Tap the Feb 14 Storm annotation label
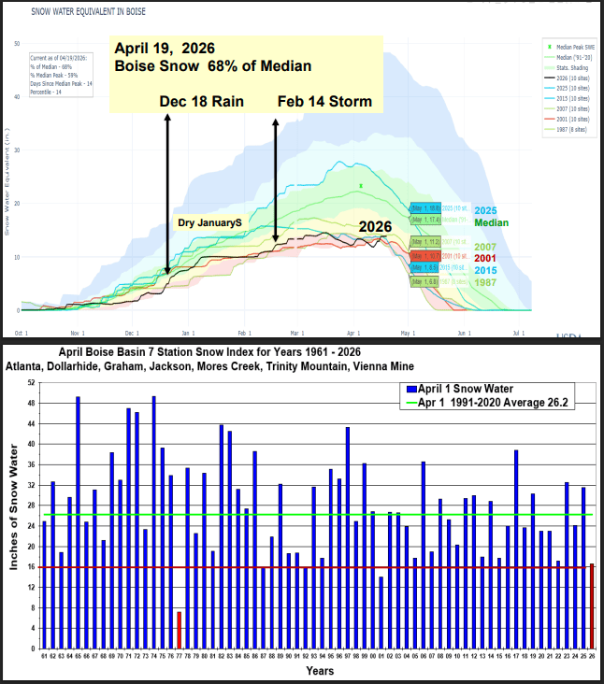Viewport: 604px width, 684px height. [x=324, y=101]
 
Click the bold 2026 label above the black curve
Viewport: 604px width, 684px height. [x=375, y=227]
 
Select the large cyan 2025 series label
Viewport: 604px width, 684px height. [x=484, y=210]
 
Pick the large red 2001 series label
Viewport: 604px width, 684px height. [x=484, y=258]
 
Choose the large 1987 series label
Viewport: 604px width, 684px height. [x=484, y=281]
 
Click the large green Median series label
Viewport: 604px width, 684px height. [x=492, y=223]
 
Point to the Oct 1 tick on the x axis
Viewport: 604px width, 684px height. [x=21, y=333]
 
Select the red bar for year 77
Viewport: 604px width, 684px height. [x=179, y=630]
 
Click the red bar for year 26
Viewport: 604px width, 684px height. [x=592, y=606]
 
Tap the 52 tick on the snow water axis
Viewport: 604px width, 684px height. [x=31, y=383]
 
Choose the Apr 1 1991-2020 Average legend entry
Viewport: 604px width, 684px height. [x=485, y=403]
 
